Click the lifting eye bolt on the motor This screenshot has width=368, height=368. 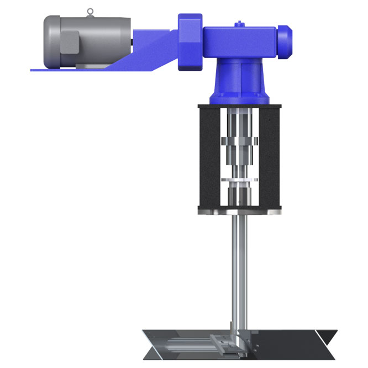91,12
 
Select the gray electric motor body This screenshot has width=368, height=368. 99,41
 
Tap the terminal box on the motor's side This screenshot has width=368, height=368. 70,42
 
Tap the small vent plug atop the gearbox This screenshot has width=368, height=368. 238,23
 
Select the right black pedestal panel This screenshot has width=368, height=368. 271,157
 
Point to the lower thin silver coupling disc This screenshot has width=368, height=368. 240,180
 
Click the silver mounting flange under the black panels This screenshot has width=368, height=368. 240,212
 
